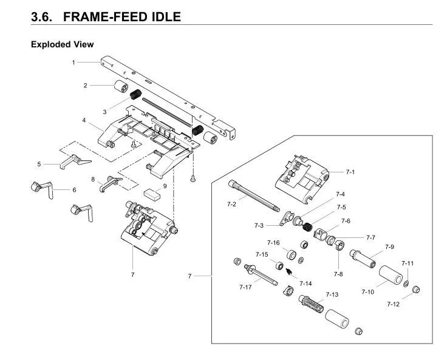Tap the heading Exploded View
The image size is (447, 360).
pyautogui.click(x=63, y=44)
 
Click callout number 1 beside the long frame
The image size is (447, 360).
pyautogui.click(x=73, y=63)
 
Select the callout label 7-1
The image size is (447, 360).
pyautogui.click(x=350, y=172)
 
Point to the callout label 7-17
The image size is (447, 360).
pyautogui.click(x=246, y=287)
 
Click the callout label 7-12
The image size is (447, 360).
pyautogui.click(x=394, y=304)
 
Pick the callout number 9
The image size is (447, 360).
pyautogui.click(x=165, y=186)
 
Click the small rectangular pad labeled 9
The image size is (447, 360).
pyautogui.click(x=152, y=194)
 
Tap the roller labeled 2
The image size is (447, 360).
pyautogui.click(x=121, y=86)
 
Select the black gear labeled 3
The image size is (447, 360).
pyautogui.click(x=135, y=94)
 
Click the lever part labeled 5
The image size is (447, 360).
pyautogui.click(x=75, y=161)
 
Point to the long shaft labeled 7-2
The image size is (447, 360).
pyautogui.click(x=254, y=196)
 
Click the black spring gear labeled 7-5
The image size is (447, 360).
pyautogui.click(x=307, y=227)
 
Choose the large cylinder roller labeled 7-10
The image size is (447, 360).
pyautogui.click(x=391, y=275)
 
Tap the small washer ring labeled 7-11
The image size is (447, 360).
pyautogui.click(x=406, y=284)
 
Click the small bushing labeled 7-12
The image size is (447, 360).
pyautogui.click(x=416, y=290)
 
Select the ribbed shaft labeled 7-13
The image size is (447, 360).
pyautogui.click(x=311, y=302)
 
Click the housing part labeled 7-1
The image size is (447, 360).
pyautogui.click(x=302, y=180)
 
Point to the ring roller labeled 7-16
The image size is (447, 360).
pyautogui.click(x=292, y=254)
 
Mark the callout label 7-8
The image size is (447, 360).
pyautogui.click(x=338, y=274)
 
